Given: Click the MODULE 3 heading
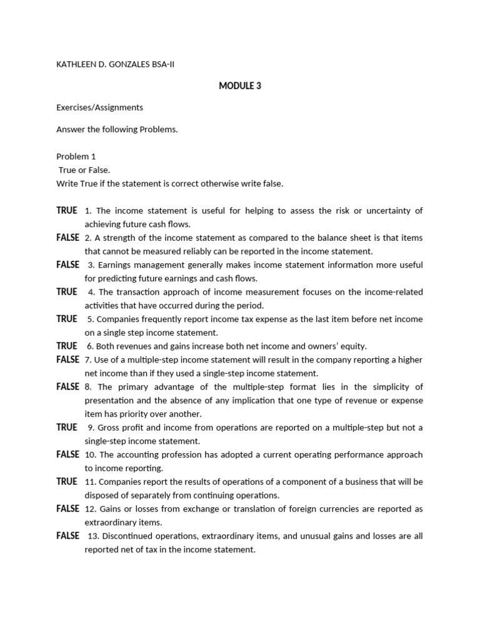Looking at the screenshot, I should (x=240, y=86).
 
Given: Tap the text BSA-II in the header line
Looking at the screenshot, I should (x=163, y=64).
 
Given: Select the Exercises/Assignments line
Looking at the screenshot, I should (x=99, y=107).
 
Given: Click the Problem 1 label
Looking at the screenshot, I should (x=76, y=157).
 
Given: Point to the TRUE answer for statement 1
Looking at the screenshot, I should (x=67, y=210).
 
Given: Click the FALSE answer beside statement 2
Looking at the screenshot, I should (x=67, y=238).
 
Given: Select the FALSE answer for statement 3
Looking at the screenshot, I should (x=67, y=265).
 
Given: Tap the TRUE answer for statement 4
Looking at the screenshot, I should (x=67, y=291).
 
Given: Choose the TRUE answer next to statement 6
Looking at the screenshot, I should (x=67, y=346).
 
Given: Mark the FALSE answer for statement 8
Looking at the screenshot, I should (x=67, y=387).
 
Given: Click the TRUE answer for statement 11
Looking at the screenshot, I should (x=67, y=482).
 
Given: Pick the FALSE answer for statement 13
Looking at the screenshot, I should (x=67, y=536).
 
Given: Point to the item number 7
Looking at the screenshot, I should (x=88, y=360).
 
